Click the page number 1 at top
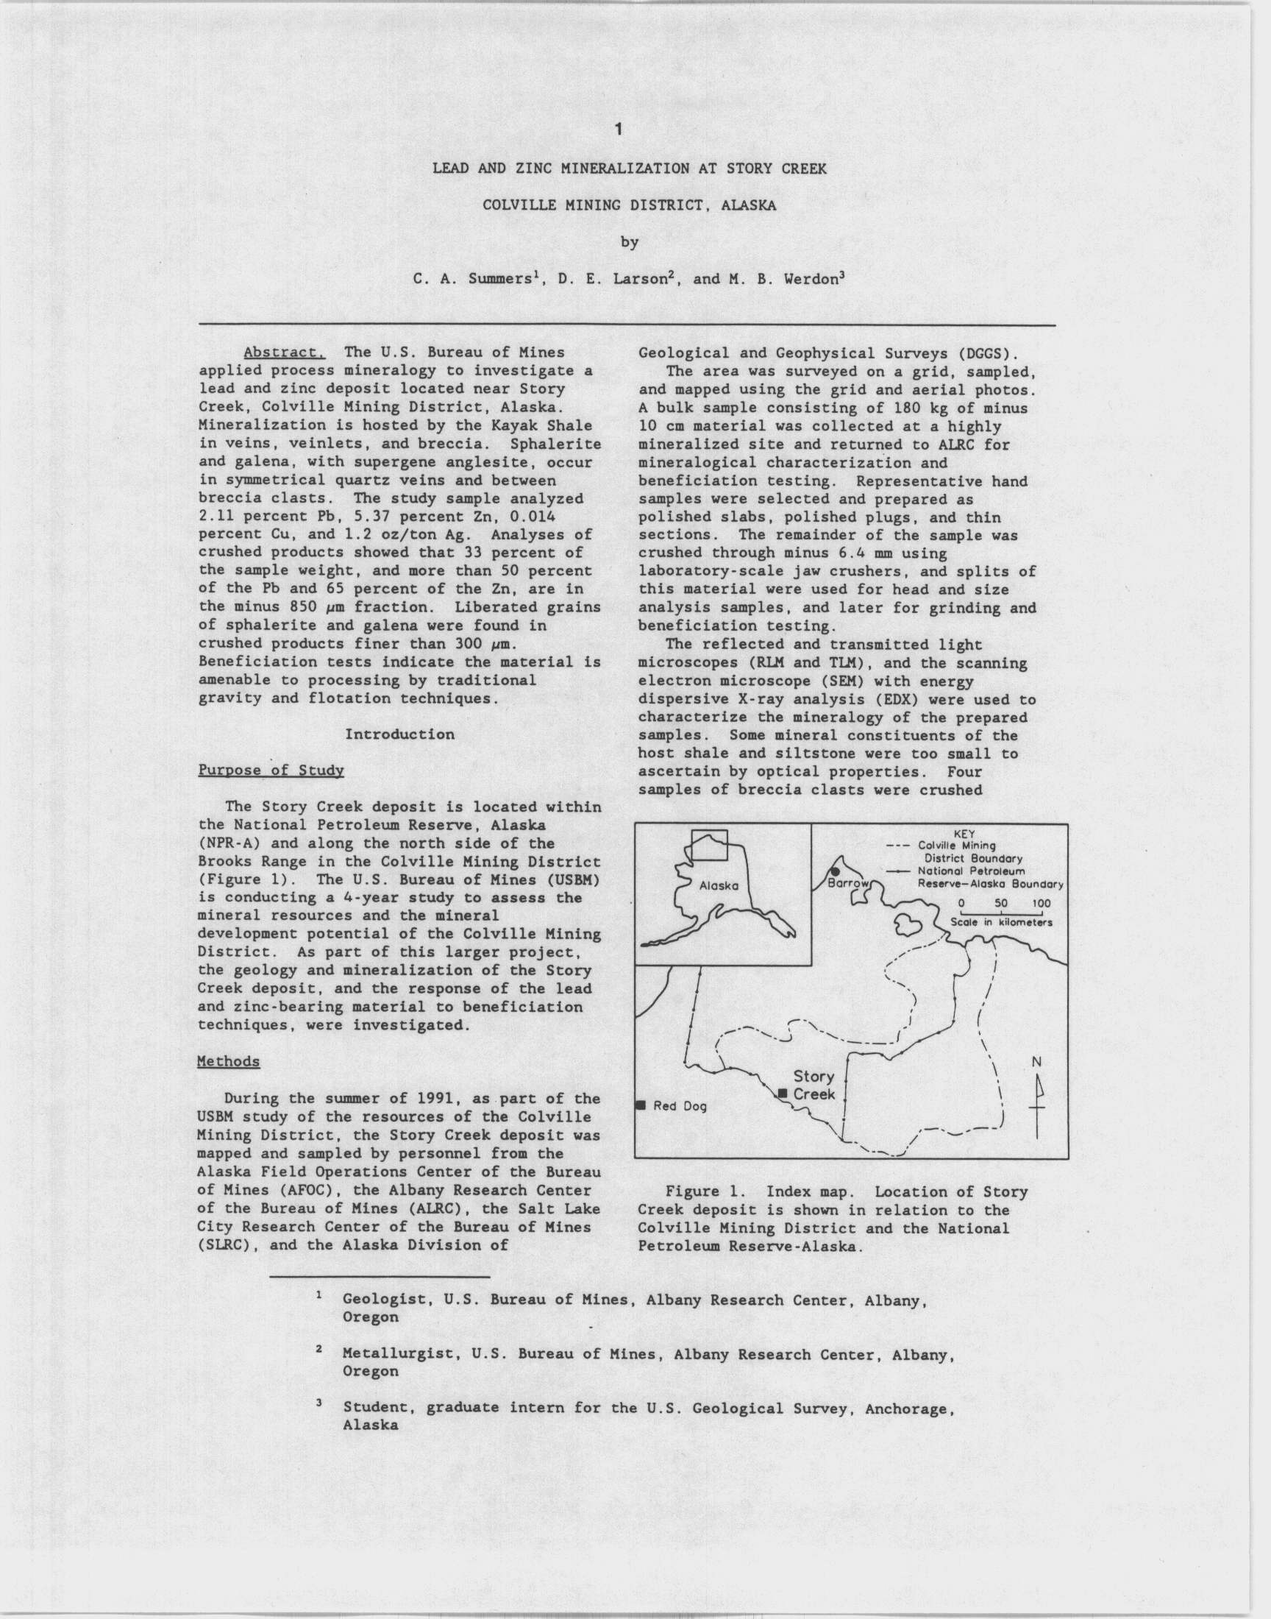point(619,130)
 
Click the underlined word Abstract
point(283,353)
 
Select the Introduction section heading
point(399,734)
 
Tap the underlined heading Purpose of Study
point(271,770)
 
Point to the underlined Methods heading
point(229,1061)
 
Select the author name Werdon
point(807,280)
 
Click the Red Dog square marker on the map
point(640,1105)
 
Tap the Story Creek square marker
point(782,1093)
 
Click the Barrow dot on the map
point(836,871)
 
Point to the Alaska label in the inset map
point(718,886)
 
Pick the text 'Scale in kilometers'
point(1001,922)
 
